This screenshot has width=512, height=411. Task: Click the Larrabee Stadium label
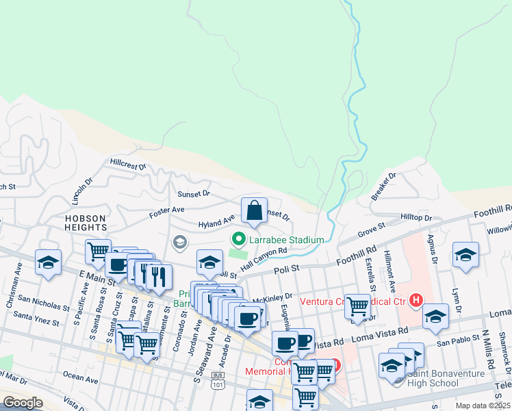pos(285,240)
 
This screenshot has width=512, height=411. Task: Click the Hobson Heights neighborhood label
pos(86,223)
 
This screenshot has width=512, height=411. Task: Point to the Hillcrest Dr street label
pos(128,165)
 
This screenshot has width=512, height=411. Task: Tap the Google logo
pos(23,403)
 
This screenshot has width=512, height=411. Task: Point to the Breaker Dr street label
pos(384,186)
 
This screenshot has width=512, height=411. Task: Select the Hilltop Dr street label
pos(417,218)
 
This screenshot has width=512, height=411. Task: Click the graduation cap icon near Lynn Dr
pos(465,255)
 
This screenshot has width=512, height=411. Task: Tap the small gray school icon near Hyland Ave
pos(179,242)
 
